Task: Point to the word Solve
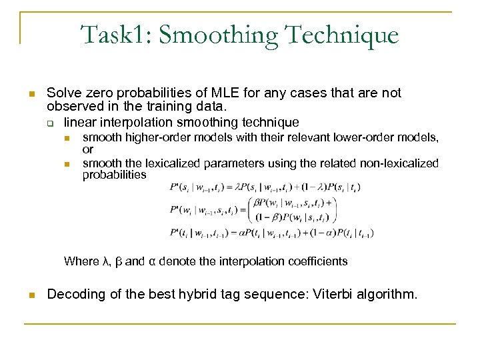click(63, 93)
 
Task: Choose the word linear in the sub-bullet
click(79, 122)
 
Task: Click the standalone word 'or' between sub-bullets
click(88, 150)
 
